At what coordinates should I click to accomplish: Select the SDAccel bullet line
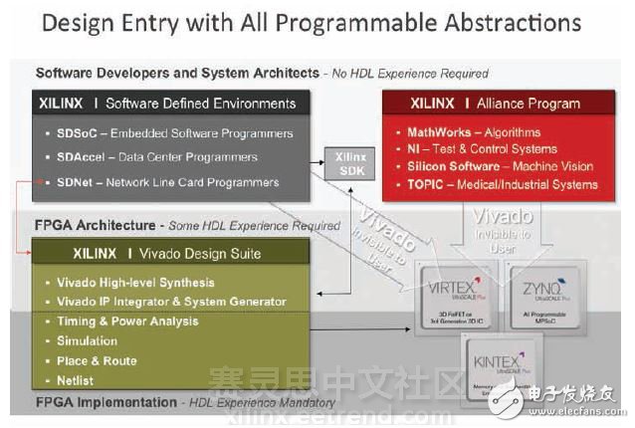(158, 157)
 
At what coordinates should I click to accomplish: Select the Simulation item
(93, 340)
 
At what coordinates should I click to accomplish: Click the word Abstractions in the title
(494, 23)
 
